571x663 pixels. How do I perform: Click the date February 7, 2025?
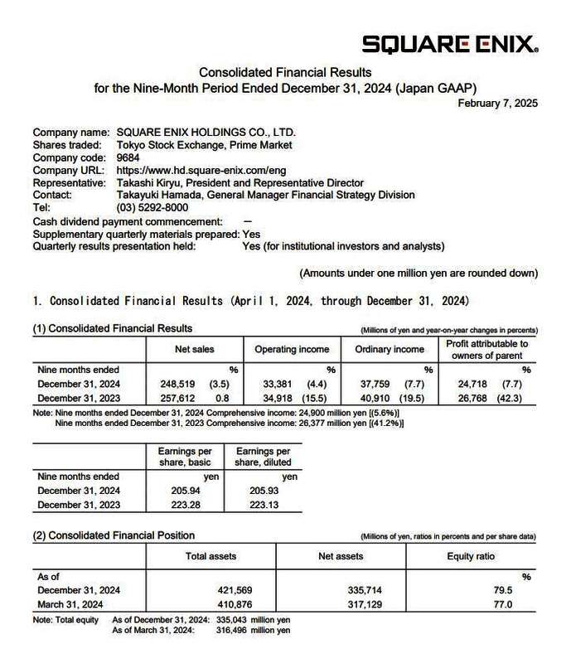pyautogui.click(x=498, y=104)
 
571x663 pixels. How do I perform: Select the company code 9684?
pyautogui.click(x=128, y=157)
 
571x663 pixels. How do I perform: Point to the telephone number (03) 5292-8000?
pyautogui.click(x=152, y=207)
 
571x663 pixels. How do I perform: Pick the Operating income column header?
pyautogui.click(x=292, y=350)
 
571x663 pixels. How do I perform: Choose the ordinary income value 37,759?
pyautogui.click(x=383, y=384)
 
